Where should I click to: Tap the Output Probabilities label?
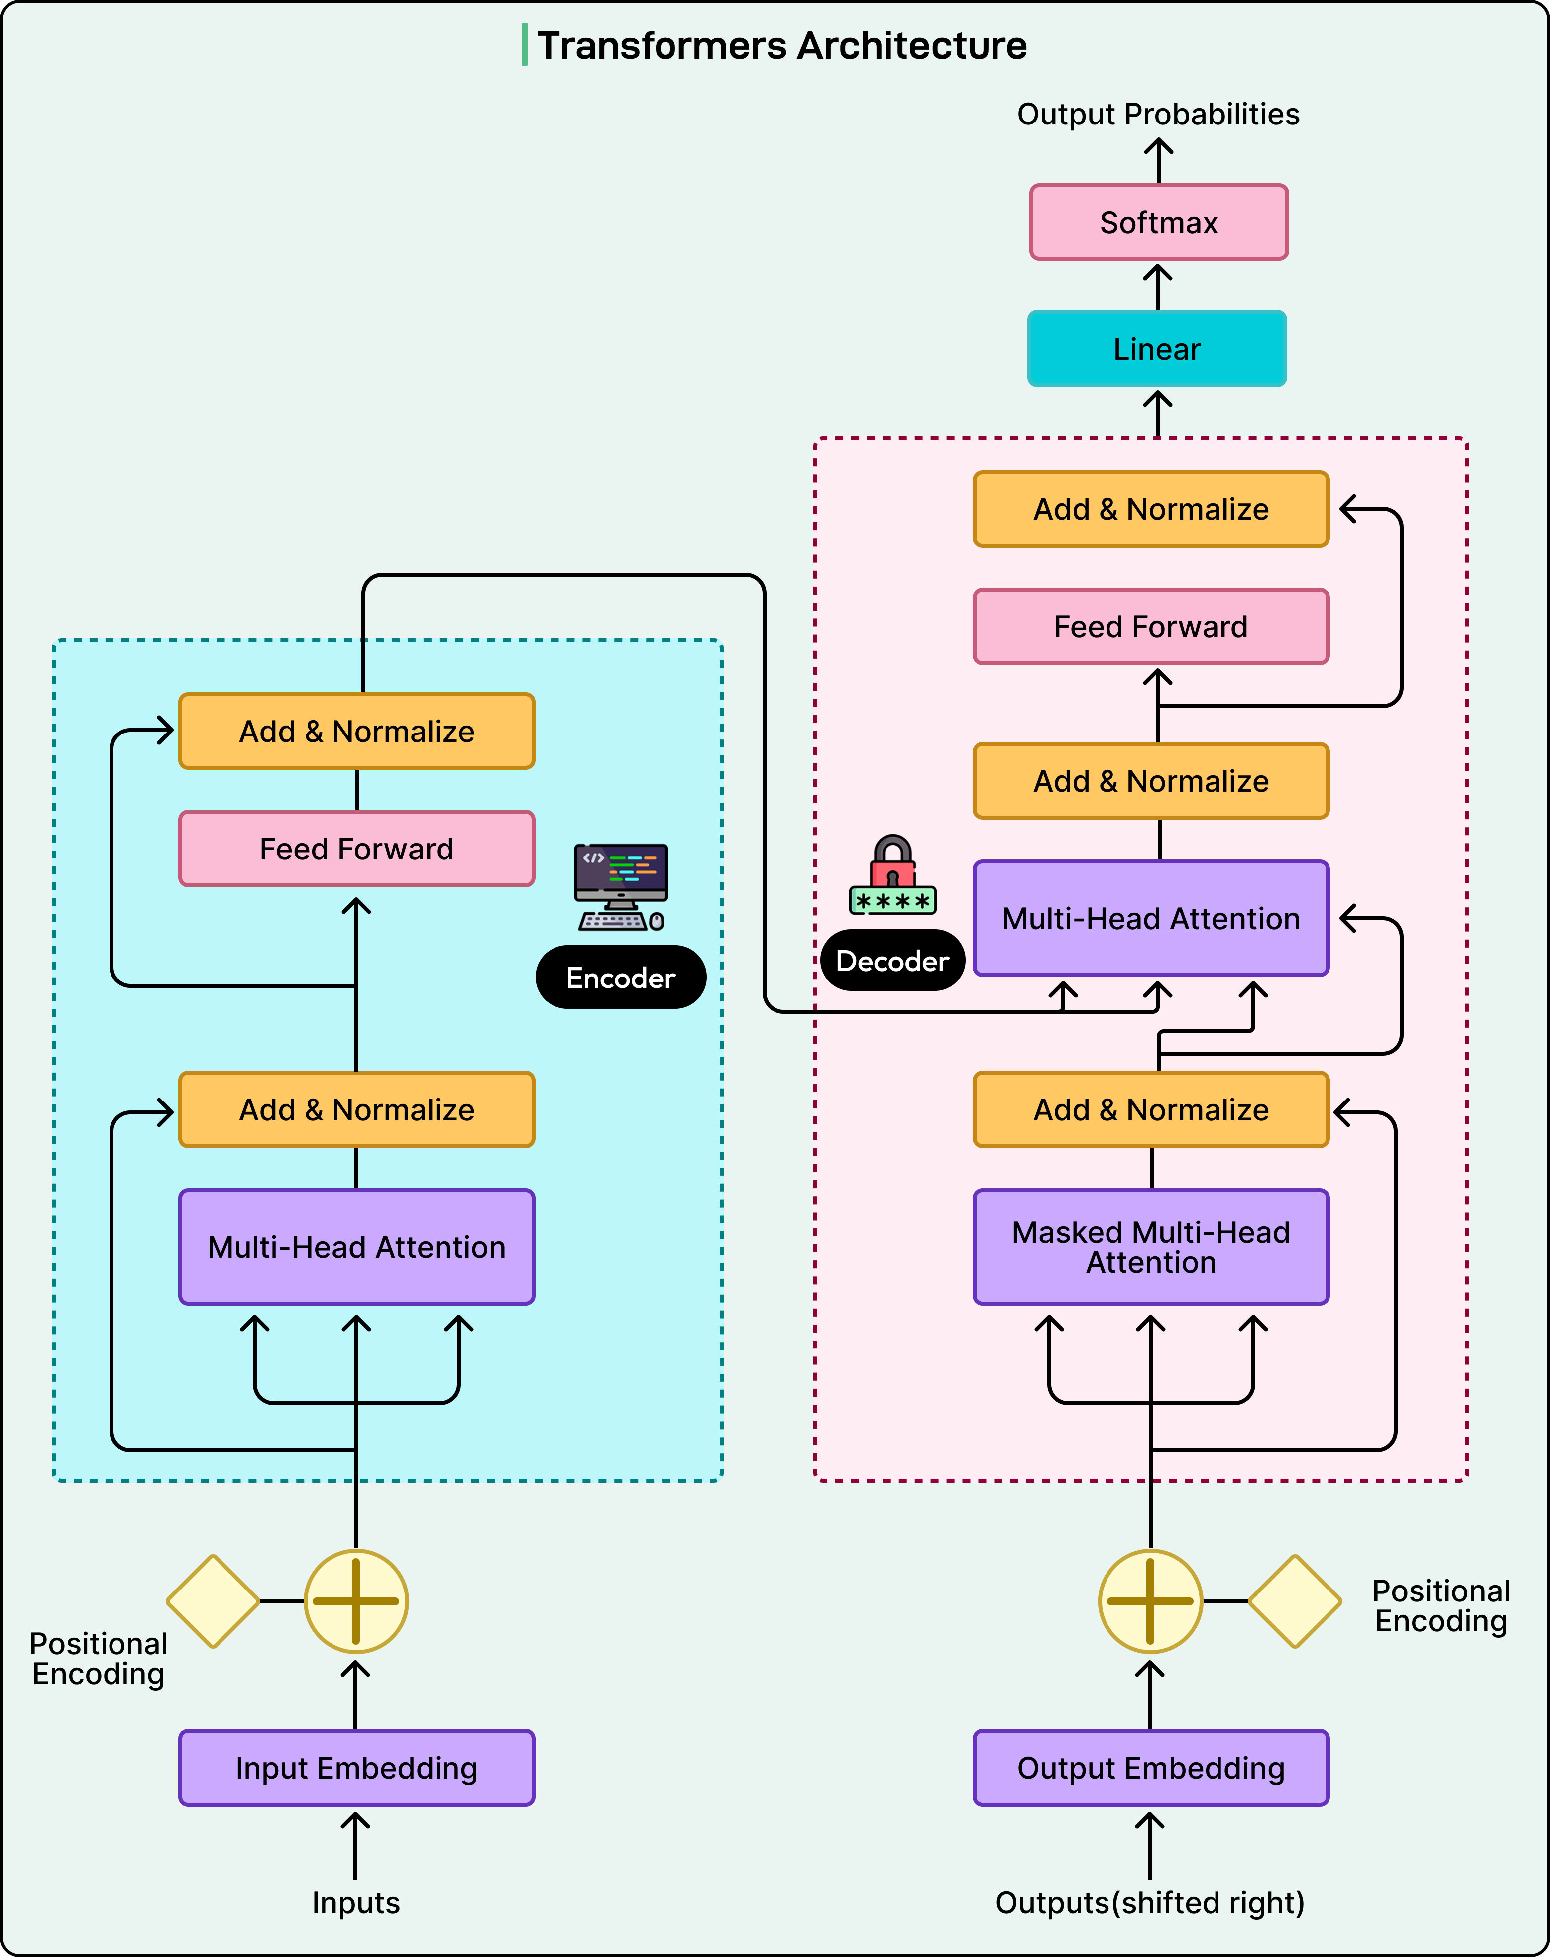tap(1157, 115)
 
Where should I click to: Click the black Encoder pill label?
tap(621, 978)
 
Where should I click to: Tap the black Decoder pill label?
tap(892, 961)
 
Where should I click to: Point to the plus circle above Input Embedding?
tap(356, 1601)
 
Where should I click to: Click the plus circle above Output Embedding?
tap(1150, 1601)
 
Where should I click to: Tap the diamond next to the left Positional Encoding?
tap(213, 1601)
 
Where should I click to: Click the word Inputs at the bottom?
tap(356, 1903)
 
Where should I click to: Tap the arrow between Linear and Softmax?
tap(1157, 286)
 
